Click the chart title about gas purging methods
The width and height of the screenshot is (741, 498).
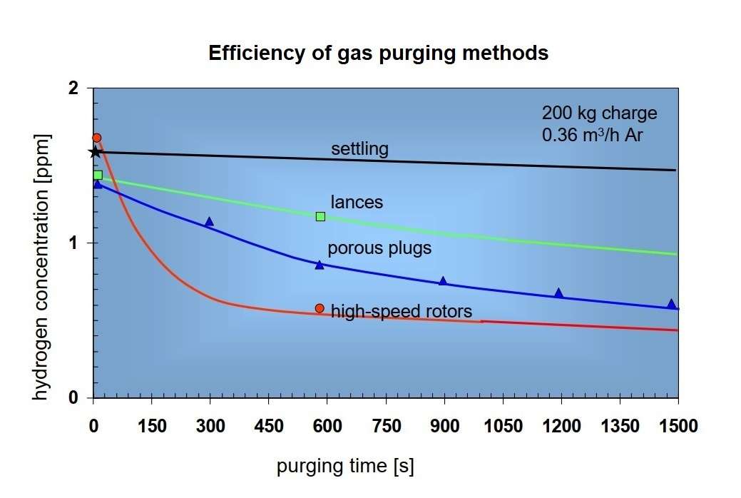(x=378, y=54)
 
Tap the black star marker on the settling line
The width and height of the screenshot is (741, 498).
(x=94, y=152)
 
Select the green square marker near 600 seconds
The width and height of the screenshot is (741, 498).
(x=320, y=216)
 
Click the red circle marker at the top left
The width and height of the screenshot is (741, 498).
(x=97, y=138)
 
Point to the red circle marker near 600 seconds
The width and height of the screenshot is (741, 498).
(x=320, y=308)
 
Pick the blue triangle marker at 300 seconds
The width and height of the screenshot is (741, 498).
(x=209, y=222)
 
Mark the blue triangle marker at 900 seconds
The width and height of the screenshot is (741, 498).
(x=443, y=281)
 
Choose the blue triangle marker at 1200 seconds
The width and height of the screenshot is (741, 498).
(x=559, y=293)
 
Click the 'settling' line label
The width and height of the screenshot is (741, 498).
(x=359, y=149)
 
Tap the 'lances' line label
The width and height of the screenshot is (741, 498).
(x=357, y=203)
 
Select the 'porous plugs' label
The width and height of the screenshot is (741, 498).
(x=379, y=248)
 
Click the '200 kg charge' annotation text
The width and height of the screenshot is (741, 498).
(x=599, y=113)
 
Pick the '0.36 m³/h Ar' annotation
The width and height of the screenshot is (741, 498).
(x=593, y=134)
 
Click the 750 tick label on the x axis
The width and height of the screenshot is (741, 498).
(x=384, y=426)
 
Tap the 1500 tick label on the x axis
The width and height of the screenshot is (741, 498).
(x=678, y=426)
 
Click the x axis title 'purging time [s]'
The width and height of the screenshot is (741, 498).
(x=345, y=467)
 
